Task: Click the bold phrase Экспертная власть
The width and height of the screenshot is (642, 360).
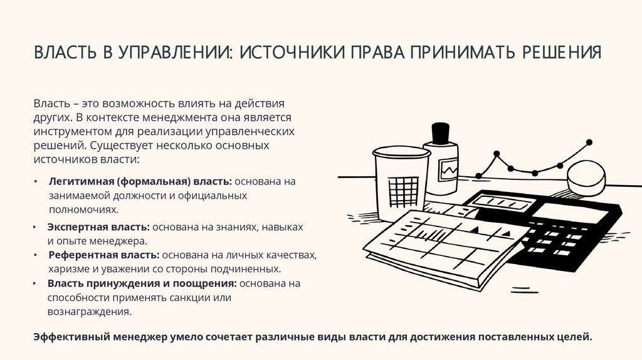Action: pos(98,227)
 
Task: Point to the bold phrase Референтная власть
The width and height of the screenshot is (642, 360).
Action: pos(104,255)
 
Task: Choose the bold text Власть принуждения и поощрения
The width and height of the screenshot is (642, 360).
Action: pos(142,283)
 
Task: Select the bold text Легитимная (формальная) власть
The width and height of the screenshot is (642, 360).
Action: pos(140,181)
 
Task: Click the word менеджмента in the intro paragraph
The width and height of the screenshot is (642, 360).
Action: pos(174,117)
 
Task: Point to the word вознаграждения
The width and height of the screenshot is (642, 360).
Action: pos(90,312)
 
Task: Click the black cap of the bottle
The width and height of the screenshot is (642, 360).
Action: pos(441,132)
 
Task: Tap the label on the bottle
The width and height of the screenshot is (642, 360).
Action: pos(448,169)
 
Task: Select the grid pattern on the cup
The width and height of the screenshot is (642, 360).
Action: pos(403,192)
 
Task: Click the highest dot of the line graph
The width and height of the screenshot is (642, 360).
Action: pos(589,142)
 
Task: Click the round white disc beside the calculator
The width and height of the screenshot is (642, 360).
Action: pos(586,178)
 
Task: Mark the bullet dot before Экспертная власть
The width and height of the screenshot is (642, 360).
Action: pos(35,227)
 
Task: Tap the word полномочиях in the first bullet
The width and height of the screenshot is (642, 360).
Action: pos(84,209)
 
